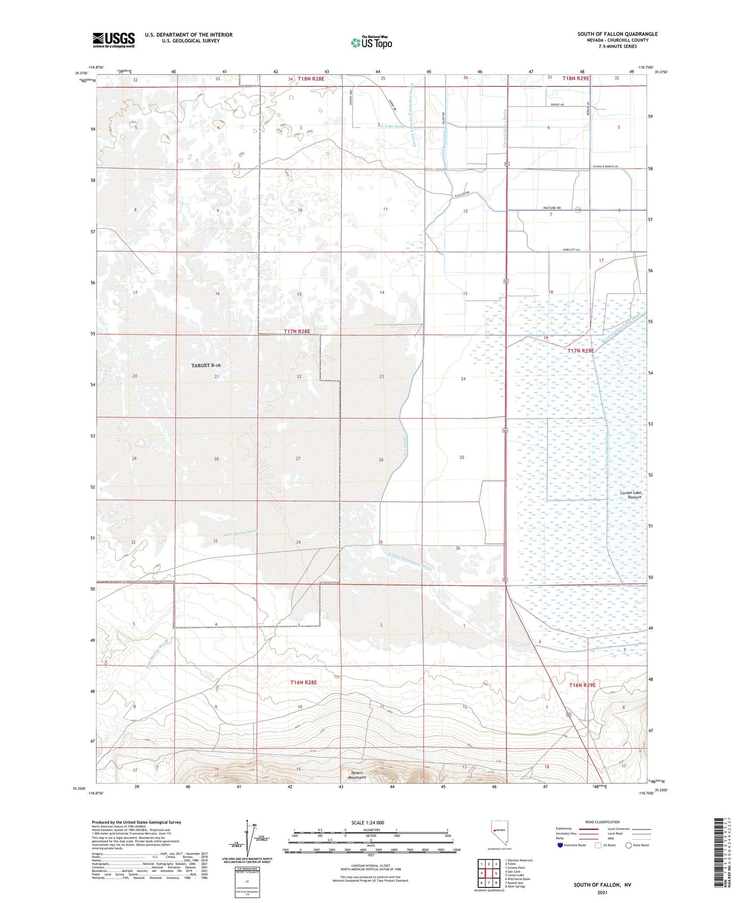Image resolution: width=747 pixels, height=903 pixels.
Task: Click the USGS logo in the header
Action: (114, 40)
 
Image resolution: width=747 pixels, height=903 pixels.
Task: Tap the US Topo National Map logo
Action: (371, 42)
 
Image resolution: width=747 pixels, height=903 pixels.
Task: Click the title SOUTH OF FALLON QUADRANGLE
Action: (617, 34)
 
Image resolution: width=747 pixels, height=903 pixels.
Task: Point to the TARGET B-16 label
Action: (209, 365)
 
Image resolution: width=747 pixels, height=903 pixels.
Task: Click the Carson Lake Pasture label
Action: (631, 495)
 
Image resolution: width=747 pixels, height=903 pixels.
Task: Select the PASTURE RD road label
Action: (552, 208)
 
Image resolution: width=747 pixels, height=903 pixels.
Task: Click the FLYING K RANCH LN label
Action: (605, 167)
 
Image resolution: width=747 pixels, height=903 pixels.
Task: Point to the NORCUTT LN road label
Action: (571, 250)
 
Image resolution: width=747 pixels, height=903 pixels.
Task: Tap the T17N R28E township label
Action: (297, 332)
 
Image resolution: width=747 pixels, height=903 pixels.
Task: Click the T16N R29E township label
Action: (582, 685)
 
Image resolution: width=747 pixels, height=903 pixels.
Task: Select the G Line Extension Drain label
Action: (409, 560)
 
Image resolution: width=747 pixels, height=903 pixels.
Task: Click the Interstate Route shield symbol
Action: (561, 845)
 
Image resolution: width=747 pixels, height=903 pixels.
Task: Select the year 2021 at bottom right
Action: (602, 892)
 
